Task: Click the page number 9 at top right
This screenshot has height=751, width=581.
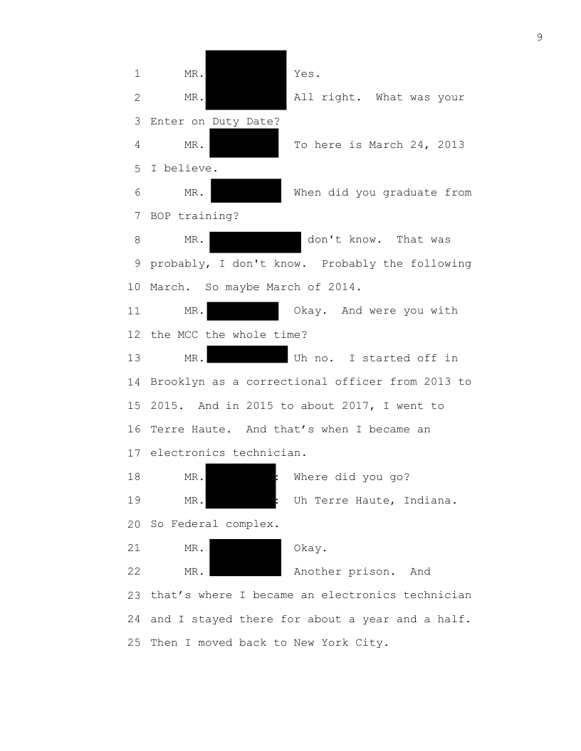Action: coord(540,38)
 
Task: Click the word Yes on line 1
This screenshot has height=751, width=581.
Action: coord(304,74)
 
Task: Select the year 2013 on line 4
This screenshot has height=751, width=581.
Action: coord(451,144)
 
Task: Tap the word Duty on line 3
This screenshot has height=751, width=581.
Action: coord(225,121)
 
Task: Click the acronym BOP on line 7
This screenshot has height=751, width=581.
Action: coord(161,216)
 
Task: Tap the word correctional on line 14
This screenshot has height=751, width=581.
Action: coord(287,382)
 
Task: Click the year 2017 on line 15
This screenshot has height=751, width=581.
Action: coord(355,405)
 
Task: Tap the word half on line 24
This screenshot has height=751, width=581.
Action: coord(451,619)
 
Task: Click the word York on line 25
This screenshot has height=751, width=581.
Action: coord(335,643)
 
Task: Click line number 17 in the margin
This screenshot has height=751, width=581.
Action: coord(135,453)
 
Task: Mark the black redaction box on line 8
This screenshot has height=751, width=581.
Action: coord(255,243)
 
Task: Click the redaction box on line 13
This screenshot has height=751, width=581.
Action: coord(247,354)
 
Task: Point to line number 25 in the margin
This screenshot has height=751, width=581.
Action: coord(135,643)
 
